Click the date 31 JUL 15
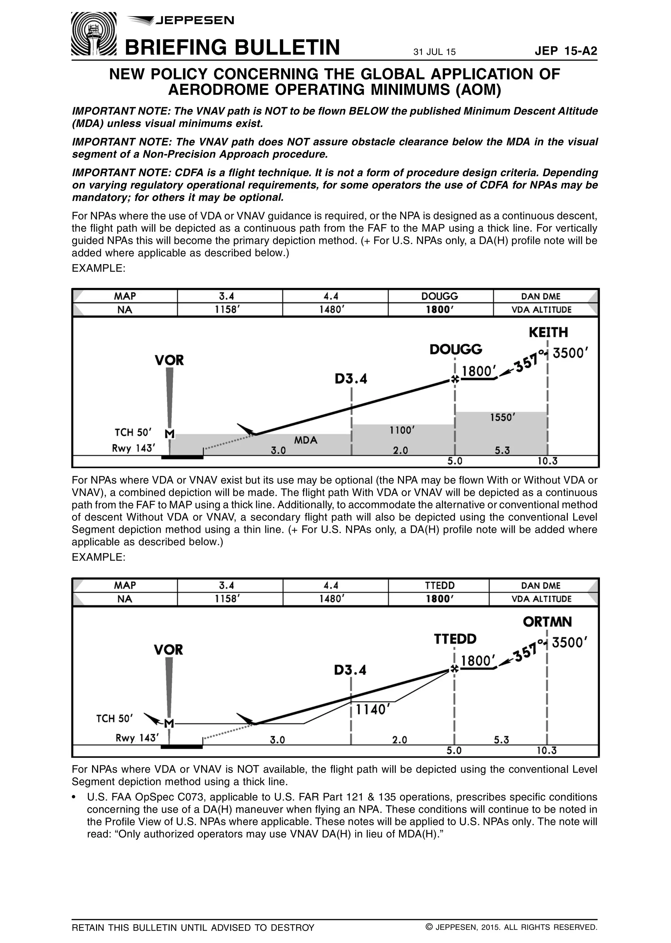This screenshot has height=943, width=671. pyautogui.click(x=434, y=52)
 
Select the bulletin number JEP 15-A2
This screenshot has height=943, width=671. pyautogui.click(x=566, y=51)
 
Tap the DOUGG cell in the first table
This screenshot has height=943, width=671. pyautogui.click(x=440, y=296)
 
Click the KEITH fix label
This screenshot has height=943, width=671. pyautogui.click(x=548, y=332)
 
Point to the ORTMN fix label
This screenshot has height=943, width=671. pyautogui.click(x=547, y=622)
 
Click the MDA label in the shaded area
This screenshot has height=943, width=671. pyautogui.click(x=305, y=440)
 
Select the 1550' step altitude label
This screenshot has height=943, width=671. pyautogui.click(x=502, y=417)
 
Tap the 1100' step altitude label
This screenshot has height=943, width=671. pyautogui.click(x=402, y=430)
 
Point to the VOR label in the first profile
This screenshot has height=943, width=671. pyautogui.click(x=169, y=360)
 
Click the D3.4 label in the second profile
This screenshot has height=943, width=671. pyautogui.click(x=350, y=670)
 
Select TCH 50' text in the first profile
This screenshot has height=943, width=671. pyautogui.click(x=133, y=432)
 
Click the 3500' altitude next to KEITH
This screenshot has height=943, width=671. pyautogui.click(x=570, y=353)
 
